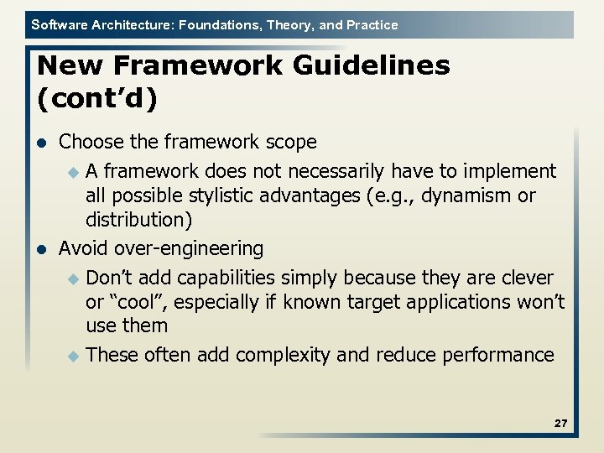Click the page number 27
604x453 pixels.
pos(560,424)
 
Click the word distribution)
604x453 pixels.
pos(138,220)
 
